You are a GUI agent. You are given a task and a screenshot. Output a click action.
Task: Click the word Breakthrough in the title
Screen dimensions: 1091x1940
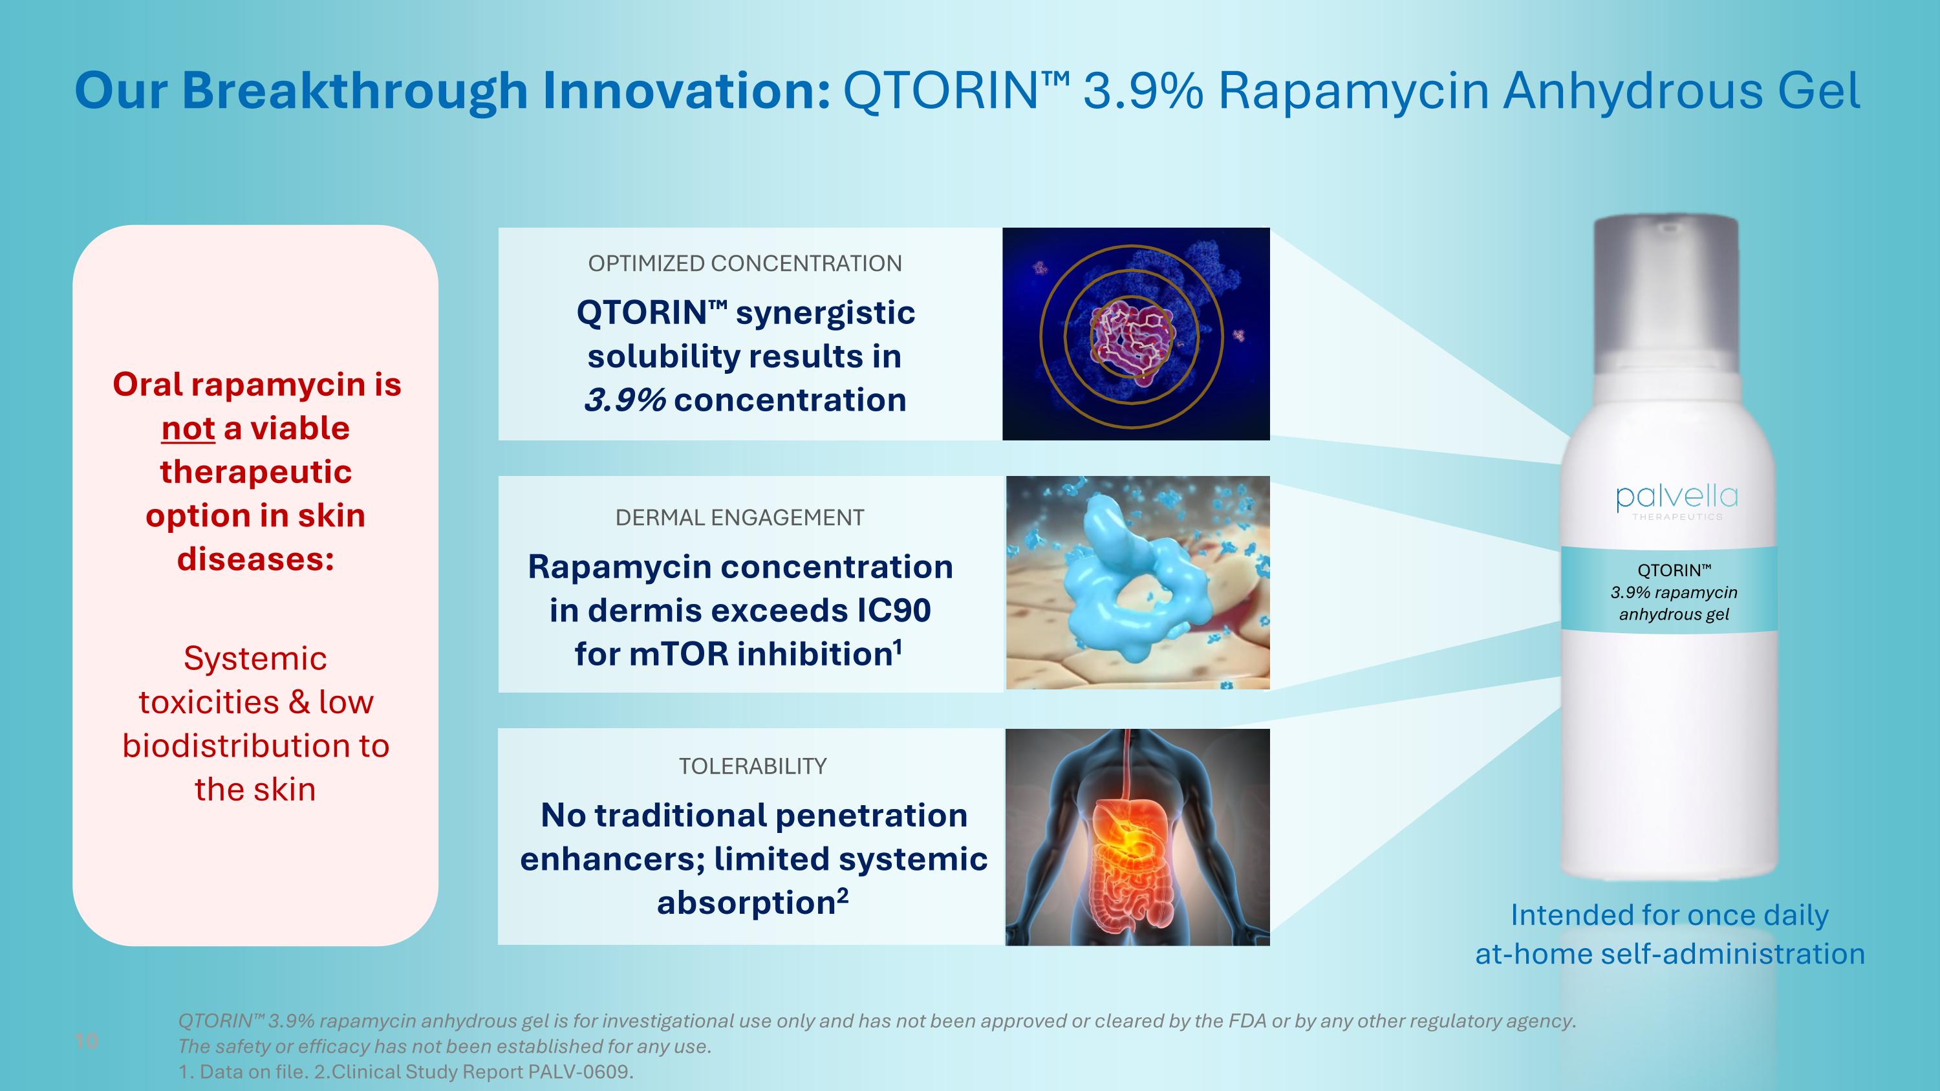pyautogui.click(x=354, y=91)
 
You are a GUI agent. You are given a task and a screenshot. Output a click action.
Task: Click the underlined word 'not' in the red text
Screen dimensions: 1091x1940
pyautogui.click(x=188, y=428)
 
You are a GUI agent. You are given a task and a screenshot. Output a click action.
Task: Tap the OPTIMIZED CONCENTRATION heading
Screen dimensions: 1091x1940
pyautogui.click(x=744, y=263)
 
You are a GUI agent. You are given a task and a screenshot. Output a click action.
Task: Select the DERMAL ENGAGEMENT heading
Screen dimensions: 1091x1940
pyautogui.click(x=740, y=517)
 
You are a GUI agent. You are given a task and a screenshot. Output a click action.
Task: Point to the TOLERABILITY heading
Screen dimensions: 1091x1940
pyautogui.click(x=752, y=766)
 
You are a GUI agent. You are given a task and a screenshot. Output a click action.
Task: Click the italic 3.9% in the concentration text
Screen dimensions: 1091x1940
pyautogui.click(x=624, y=400)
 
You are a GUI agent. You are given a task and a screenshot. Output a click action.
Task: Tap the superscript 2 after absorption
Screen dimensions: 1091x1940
pyautogui.click(x=842, y=894)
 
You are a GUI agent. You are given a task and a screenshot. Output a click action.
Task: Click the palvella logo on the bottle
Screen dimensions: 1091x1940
pyautogui.click(x=1676, y=499)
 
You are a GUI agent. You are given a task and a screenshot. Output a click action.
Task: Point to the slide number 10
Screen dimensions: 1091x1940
pyautogui.click(x=86, y=1041)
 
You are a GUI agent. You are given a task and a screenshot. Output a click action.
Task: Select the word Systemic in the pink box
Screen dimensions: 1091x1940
pyautogui.click(x=255, y=659)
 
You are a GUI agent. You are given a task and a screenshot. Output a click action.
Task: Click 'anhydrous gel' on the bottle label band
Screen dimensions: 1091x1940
pyautogui.click(x=1674, y=614)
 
